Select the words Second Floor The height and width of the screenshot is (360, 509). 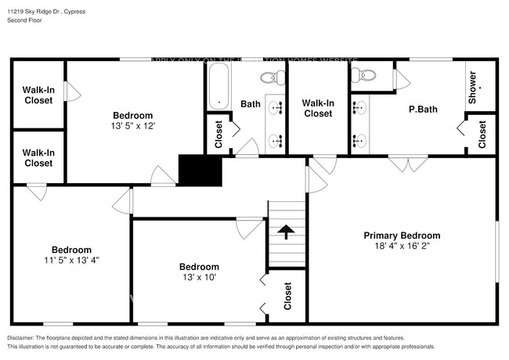26,20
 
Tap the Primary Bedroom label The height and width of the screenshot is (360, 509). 402,236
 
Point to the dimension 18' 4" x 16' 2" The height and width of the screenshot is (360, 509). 402,246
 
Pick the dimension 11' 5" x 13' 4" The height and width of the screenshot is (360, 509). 71,261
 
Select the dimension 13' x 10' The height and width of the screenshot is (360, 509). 199,277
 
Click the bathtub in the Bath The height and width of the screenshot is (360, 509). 218,86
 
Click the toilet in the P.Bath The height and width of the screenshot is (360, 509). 364,76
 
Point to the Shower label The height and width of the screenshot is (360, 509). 472,88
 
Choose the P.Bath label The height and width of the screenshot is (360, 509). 422,110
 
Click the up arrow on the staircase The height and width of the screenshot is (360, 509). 286,231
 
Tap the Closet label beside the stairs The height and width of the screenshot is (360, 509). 287,296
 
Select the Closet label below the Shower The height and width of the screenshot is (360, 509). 482,134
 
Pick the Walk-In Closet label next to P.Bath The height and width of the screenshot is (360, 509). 317,108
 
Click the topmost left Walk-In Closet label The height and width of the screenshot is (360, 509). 38,95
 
